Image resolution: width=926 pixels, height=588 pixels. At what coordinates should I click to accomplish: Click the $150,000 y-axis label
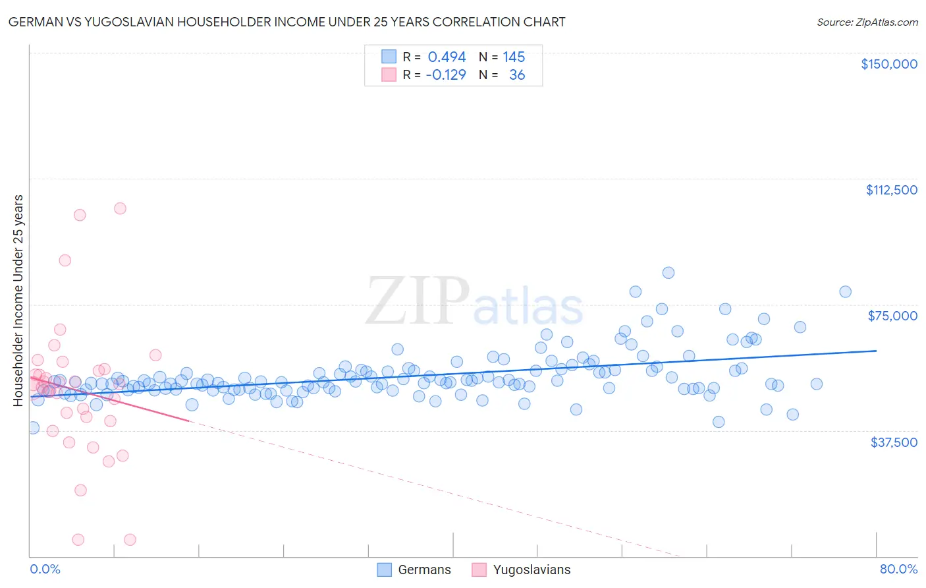click(888, 64)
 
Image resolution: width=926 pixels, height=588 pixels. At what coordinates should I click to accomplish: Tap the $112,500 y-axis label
click(891, 190)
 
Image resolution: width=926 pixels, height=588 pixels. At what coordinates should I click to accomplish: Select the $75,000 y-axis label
click(892, 316)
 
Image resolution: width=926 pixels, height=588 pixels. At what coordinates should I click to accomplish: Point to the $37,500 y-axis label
click(894, 442)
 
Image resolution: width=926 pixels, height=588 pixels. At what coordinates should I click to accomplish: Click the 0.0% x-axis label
click(45, 569)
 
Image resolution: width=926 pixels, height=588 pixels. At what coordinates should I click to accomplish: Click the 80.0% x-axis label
click(898, 569)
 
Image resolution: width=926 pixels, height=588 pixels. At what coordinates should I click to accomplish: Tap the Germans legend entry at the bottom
click(414, 570)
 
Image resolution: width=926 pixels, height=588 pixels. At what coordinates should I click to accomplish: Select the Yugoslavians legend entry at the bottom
click(522, 570)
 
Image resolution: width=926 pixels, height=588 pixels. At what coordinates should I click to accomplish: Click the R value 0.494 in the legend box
click(447, 57)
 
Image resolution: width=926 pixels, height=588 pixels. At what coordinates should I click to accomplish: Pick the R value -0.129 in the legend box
click(446, 75)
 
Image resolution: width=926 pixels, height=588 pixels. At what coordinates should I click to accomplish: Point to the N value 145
click(514, 57)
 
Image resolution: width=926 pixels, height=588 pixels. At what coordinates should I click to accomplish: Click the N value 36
click(517, 75)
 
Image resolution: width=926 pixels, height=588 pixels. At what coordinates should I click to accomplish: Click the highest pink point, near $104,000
click(120, 208)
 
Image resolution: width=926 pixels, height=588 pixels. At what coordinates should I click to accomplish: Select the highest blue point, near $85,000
click(668, 273)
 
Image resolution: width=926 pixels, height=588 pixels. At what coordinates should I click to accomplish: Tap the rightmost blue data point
click(845, 291)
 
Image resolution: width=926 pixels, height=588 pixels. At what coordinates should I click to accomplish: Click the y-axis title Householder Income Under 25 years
click(18, 300)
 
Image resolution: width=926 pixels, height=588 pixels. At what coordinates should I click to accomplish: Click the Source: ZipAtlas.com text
click(867, 22)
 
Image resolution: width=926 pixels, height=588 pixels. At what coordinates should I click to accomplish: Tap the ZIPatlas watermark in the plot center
click(474, 303)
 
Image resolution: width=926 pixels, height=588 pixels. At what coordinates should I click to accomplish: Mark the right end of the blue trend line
click(876, 351)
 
